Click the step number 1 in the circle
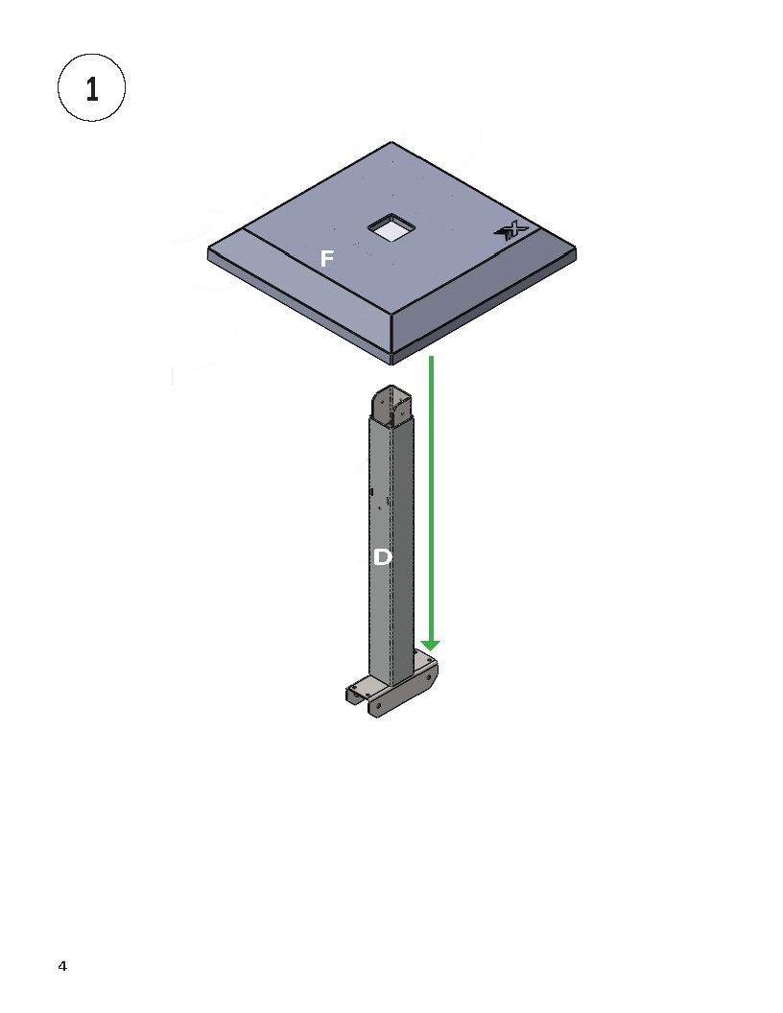[x=92, y=89]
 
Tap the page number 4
[x=62, y=966]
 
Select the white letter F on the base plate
[x=327, y=258]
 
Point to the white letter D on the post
[x=383, y=557]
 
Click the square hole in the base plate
[x=391, y=228]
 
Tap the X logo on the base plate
[x=511, y=230]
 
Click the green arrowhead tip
[x=430, y=650]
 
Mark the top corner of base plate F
[x=391, y=142]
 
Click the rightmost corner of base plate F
[x=575, y=248]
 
